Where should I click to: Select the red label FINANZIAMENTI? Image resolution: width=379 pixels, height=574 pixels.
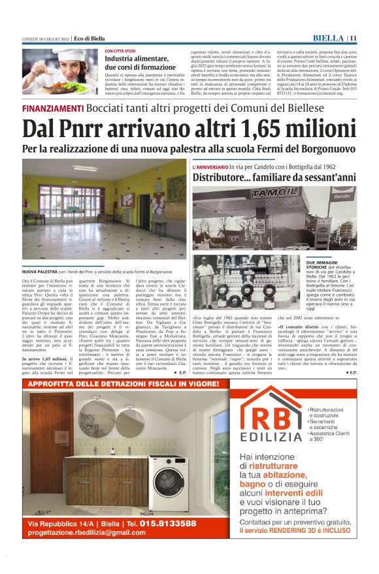click(52, 108)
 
